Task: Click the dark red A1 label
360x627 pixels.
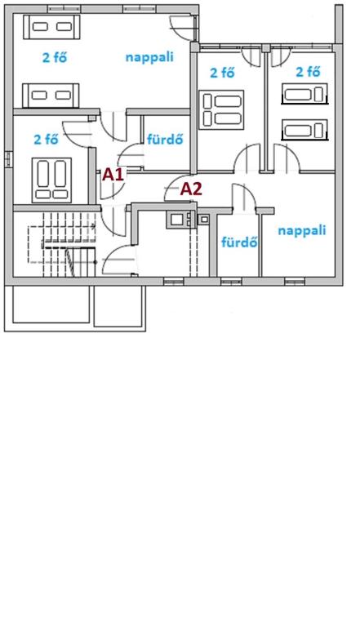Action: pos(113,175)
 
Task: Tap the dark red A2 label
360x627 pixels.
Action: pos(191,189)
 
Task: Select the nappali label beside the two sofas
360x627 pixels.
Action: pos(149,57)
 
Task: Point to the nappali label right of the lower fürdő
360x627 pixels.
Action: pos(302,230)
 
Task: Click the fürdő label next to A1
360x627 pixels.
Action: pos(165,139)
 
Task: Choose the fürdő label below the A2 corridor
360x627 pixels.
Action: pos(239,242)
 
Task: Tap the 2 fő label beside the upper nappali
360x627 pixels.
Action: pos(55,58)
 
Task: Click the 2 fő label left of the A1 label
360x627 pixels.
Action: pos(46,140)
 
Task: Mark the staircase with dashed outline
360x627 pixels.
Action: pos(62,245)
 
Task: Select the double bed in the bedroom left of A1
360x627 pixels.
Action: pos(51,180)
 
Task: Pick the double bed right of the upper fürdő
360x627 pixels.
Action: pos(222,110)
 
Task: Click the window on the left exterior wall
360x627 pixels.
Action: pos(8,158)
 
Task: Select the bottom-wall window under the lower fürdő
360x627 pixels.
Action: pos(231,282)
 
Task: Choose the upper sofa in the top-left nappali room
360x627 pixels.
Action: pos(51,27)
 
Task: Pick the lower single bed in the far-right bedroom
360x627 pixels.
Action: pos(304,130)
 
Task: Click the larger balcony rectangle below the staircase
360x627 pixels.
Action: pos(51,305)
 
